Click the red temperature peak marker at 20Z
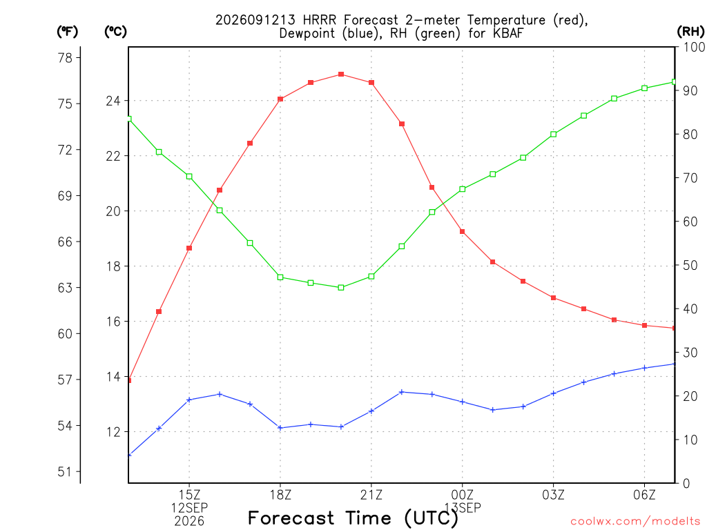coord(341,75)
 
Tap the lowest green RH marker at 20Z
coord(341,288)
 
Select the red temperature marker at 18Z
coord(280,99)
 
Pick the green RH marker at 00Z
coord(462,189)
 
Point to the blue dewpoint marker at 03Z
coord(554,393)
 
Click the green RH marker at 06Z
coord(645,88)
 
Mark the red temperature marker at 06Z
coord(645,326)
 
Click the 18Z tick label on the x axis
coord(280,495)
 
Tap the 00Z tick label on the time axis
coord(462,495)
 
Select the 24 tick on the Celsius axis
coord(113,101)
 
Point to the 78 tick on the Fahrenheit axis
coord(65,58)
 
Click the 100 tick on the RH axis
coord(695,47)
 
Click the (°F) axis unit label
coord(67,32)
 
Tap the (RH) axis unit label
coord(690,32)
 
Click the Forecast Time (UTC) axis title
coord(353,518)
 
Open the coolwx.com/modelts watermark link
coord(635,522)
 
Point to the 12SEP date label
coord(189,508)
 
